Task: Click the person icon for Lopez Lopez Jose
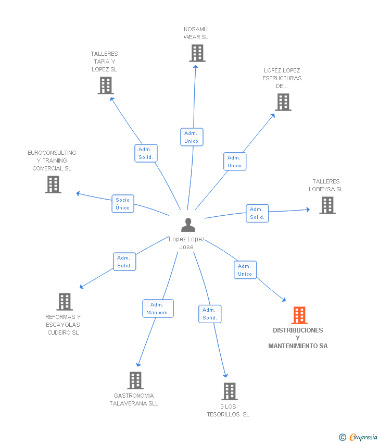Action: point(188,225)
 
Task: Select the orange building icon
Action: point(299,315)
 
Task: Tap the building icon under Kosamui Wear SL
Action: point(197,53)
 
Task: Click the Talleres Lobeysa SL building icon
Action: point(327,205)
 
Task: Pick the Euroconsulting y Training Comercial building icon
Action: point(53,184)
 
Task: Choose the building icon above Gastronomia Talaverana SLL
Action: point(135,380)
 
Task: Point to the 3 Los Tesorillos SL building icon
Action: point(230,391)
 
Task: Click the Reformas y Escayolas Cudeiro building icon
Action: point(65,302)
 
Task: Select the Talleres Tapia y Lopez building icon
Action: point(106,85)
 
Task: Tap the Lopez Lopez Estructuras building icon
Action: point(283,102)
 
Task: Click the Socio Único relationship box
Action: point(123,204)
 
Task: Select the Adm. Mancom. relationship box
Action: point(158,309)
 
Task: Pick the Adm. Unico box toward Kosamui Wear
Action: point(192,137)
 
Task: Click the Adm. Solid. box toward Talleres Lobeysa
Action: point(257,213)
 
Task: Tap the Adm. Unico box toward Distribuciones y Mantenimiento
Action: point(245,270)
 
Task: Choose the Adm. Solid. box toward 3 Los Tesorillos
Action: point(210,314)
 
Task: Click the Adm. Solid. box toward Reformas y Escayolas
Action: point(124,262)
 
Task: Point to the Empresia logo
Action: point(358,437)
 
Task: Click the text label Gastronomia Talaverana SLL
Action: point(134,400)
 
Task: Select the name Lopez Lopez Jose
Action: point(186,243)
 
